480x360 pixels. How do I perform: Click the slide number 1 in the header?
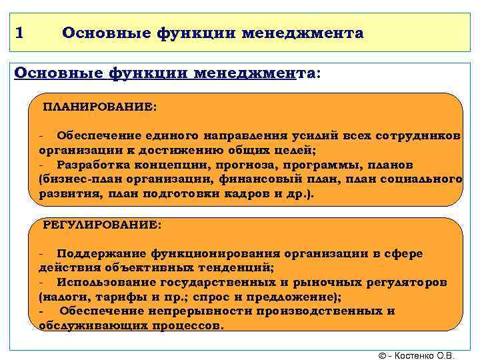[x=19, y=33]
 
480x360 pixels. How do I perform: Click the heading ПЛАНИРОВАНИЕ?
[x=100, y=107]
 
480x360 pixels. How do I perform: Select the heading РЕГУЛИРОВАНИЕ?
[x=102, y=225]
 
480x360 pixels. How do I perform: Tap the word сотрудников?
[x=418, y=135]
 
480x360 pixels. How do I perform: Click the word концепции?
[x=174, y=165]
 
